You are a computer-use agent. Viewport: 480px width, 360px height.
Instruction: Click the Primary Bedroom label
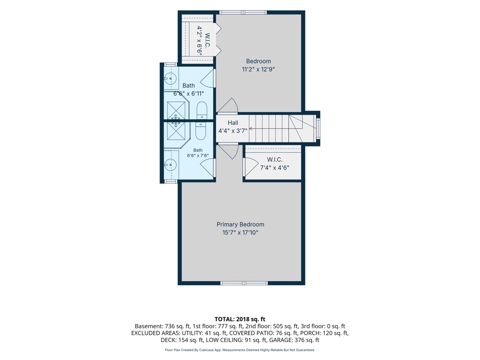pos(240,224)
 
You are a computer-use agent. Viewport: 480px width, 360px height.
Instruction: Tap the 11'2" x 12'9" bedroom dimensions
pos(258,69)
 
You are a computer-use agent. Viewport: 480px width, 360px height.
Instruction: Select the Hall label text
pos(233,123)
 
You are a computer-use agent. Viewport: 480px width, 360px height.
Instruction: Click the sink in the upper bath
pos(170,78)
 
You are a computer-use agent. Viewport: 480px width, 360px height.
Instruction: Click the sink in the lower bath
pos(170,164)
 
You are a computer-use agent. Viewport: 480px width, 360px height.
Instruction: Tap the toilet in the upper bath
pos(202,111)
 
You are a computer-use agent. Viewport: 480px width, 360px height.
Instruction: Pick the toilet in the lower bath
pos(200,131)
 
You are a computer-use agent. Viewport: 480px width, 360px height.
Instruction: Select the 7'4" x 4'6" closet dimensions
pos(274,168)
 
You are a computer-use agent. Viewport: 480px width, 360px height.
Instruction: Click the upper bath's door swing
pos(207,78)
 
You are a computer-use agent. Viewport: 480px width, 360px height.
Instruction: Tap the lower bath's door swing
pos(207,168)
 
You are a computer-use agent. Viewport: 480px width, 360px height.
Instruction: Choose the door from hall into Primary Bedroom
pos(228,151)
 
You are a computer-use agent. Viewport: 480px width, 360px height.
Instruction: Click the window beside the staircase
pos(318,128)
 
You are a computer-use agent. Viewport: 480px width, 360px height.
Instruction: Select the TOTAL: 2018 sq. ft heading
pos(240,319)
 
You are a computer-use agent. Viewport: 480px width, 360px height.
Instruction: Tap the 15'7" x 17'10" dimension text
pos(240,232)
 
